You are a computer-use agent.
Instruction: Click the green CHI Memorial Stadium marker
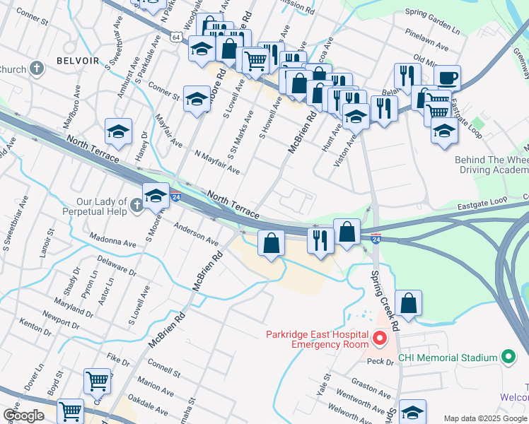coord(508,358)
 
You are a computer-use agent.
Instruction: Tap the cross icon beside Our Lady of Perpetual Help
coord(137,206)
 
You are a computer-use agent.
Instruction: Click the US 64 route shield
coord(176,36)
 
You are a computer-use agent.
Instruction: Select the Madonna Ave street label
coord(112,241)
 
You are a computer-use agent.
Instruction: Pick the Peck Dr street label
coord(380,361)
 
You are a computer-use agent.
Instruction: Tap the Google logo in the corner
coord(23,416)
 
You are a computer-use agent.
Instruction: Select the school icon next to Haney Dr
coord(119,131)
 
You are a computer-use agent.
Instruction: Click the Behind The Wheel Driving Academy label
coord(492,165)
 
